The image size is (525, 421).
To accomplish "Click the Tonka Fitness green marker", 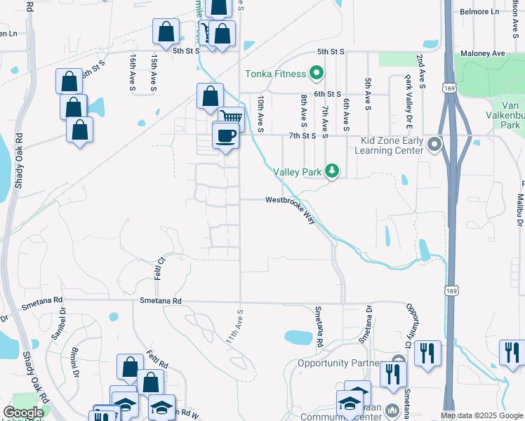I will [317, 74].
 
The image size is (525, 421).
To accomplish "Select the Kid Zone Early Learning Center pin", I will [434, 145].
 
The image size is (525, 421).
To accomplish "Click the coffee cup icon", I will [225, 135].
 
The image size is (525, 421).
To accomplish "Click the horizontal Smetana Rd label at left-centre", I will [161, 301].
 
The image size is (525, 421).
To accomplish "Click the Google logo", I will [23, 413].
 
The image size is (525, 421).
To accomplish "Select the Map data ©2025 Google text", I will [481, 415].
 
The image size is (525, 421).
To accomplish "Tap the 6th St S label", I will [327, 93].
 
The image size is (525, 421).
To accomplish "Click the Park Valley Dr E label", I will [407, 103].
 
